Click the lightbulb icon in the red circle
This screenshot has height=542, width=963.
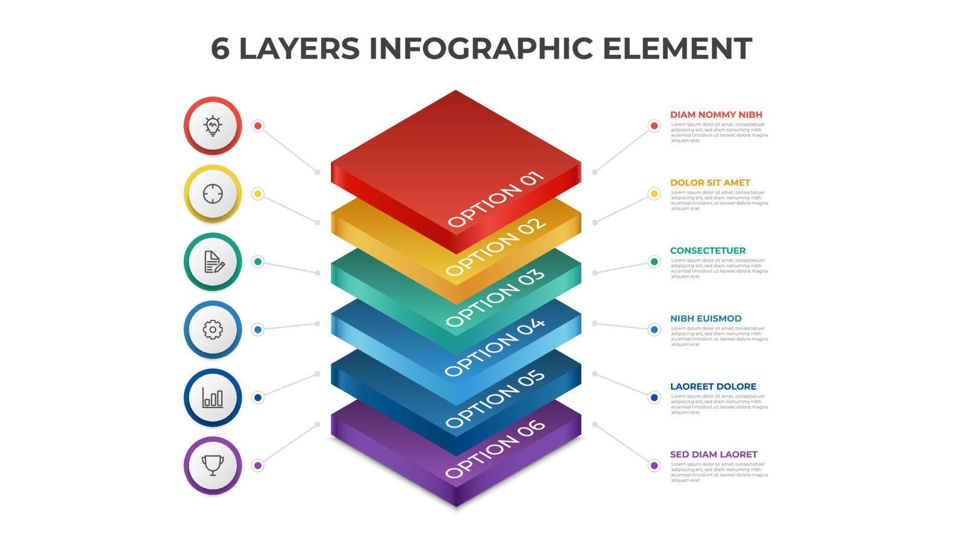(x=213, y=126)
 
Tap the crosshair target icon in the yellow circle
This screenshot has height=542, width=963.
(x=213, y=194)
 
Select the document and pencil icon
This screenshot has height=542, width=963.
(x=213, y=262)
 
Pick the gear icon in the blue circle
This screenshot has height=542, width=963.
(x=213, y=330)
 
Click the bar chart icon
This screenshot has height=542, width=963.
(x=213, y=398)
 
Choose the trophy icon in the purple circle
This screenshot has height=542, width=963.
(x=213, y=465)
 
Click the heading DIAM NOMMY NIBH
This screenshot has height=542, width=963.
(x=716, y=114)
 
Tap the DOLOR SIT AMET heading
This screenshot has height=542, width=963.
(x=710, y=183)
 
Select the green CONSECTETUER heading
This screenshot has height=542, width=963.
(x=708, y=251)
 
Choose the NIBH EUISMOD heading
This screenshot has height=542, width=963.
(x=706, y=319)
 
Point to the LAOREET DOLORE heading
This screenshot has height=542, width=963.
(x=713, y=387)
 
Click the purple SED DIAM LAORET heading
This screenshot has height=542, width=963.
(x=714, y=455)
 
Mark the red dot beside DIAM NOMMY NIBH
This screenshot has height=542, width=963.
(x=654, y=126)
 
